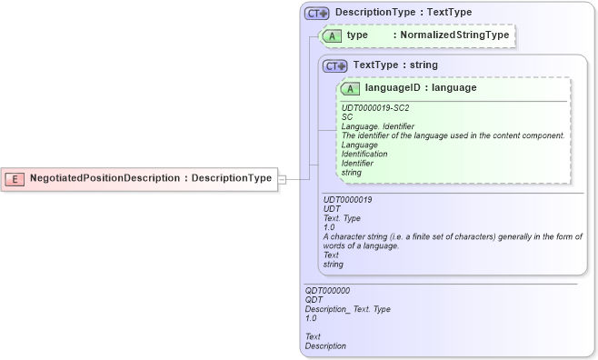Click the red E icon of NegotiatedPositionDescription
click(x=15, y=178)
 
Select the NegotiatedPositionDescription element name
click(x=104, y=178)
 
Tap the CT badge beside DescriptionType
click(x=316, y=13)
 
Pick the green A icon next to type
click(x=332, y=35)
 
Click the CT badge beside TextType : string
click(x=336, y=65)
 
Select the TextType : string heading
click(x=395, y=65)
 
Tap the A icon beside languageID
click(x=350, y=88)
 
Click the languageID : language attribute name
click(x=420, y=88)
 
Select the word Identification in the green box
click(x=364, y=154)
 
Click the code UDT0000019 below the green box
click(x=348, y=199)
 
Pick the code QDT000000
click(x=327, y=290)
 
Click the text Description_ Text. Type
click(x=347, y=309)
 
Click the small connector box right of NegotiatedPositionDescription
click(x=281, y=178)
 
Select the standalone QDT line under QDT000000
click(x=314, y=299)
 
